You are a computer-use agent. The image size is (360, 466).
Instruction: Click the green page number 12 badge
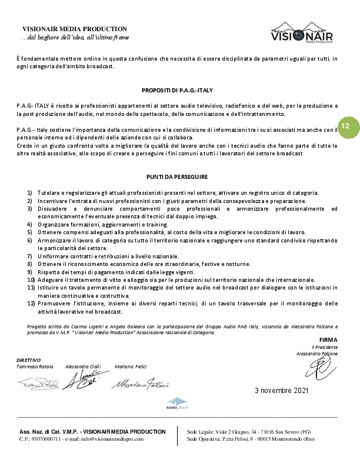point(345,127)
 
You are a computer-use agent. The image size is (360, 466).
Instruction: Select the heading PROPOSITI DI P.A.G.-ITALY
point(177,90)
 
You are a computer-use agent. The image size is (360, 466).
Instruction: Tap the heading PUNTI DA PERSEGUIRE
point(177,176)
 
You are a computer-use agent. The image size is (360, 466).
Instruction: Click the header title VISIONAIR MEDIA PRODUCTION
point(75,29)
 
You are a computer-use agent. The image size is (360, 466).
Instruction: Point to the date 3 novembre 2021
point(281,391)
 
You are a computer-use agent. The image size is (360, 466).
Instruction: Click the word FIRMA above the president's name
point(328,340)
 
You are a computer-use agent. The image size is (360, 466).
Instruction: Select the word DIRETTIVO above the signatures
point(29,360)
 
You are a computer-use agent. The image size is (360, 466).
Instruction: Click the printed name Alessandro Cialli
point(83,366)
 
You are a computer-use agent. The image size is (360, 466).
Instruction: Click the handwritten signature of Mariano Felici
point(140,384)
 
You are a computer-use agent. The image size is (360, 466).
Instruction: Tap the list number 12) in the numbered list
point(31,304)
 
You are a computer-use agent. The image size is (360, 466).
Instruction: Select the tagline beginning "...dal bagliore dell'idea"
point(75,37)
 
